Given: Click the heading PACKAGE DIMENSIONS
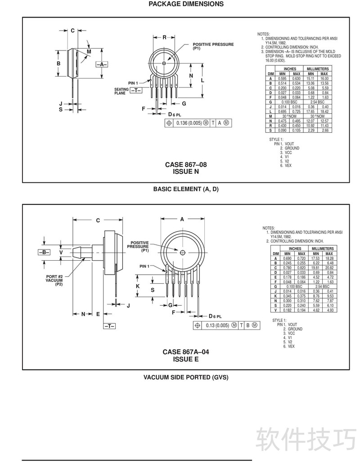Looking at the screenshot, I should (186, 4).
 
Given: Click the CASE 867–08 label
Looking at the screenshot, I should (186, 165).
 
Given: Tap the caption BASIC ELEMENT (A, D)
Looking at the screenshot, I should (186, 189).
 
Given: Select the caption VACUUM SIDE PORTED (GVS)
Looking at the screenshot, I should (186, 377).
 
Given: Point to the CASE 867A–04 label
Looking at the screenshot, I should (186, 352).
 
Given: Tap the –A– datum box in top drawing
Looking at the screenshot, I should (102, 64).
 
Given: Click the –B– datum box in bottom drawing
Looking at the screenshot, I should (44, 253).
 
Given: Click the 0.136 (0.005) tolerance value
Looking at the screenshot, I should (189, 123).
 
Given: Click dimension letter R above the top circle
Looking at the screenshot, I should (165, 37).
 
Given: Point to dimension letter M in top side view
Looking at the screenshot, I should (89, 52).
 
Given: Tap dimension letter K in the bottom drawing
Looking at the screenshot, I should (138, 286).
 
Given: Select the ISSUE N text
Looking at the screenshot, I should (186, 172).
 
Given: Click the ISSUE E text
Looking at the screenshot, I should (186, 359).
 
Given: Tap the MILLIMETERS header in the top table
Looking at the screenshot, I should (318, 69).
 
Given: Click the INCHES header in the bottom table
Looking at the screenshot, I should (295, 249).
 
